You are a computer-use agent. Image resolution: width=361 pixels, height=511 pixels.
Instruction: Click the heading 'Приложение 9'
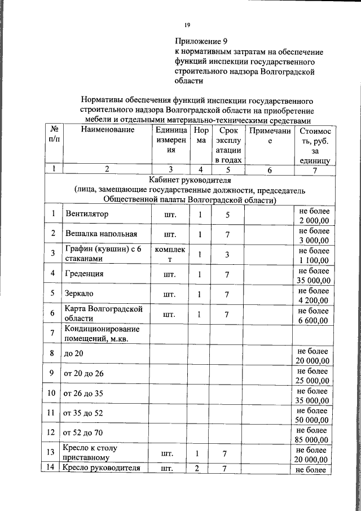tap(200, 41)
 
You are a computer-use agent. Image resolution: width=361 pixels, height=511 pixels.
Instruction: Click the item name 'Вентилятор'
tap(86, 215)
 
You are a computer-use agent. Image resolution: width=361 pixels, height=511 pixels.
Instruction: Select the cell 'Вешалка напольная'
tap(101, 234)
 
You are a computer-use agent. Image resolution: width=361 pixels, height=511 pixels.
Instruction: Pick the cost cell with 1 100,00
tap(314, 255)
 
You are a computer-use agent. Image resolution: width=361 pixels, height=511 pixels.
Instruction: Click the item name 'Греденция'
tap(84, 274)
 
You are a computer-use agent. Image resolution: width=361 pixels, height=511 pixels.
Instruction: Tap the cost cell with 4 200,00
tap(314, 294)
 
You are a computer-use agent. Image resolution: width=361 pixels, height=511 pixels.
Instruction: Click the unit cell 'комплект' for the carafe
tap(169, 254)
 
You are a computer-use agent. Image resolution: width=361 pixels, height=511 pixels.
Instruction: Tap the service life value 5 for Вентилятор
tap(227, 215)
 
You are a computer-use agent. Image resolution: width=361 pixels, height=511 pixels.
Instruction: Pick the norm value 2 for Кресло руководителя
tap(198, 468)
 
